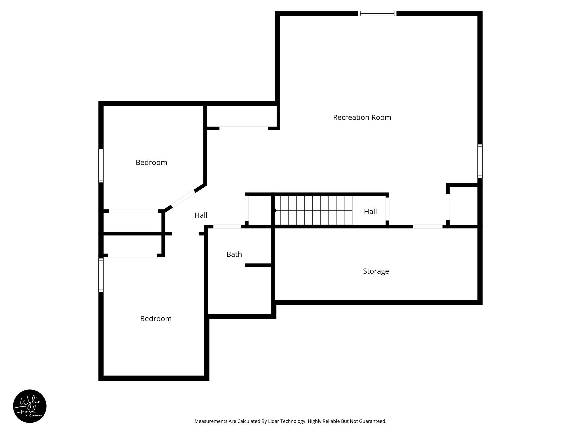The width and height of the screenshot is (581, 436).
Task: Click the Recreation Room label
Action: tap(362, 118)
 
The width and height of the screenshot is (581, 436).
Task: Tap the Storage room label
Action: tap(376, 271)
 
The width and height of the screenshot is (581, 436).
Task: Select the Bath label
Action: tap(234, 254)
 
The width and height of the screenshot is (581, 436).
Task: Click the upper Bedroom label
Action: tap(151, 162)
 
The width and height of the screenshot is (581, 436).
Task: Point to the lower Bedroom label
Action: tap(156, 319)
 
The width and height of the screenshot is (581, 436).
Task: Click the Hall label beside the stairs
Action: tap(370, 211)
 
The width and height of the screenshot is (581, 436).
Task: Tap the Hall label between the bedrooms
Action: tap(201, 215)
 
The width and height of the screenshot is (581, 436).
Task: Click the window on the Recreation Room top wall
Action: tap(377, 13)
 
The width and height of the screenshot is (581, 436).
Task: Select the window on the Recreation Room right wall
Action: tap(480, 161)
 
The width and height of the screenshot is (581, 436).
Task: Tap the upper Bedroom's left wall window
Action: tap(101, 165)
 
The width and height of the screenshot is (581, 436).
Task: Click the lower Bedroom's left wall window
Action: tap(101, 275)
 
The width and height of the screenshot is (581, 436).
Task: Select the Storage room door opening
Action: tap(427, 227)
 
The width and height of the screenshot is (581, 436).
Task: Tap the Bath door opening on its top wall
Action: tap(227, 227)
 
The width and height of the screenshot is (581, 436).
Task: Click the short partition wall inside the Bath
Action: tap(259, 265)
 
